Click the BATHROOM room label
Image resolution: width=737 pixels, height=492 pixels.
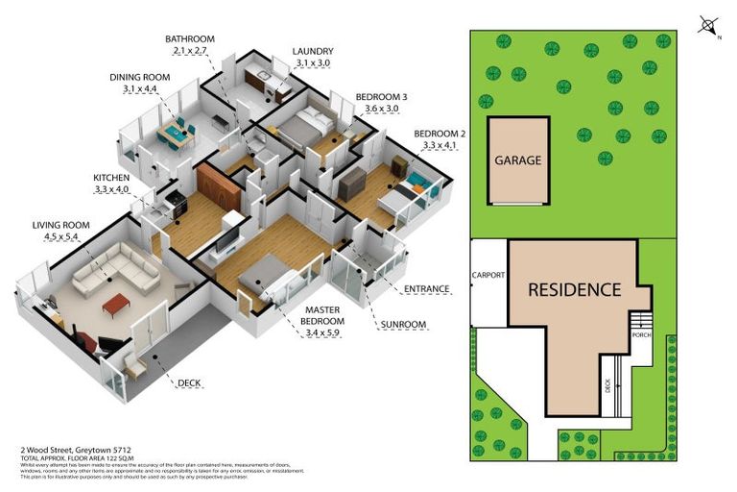click(x=187, y=39)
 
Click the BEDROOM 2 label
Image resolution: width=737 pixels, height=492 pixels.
click(x=440, y=134)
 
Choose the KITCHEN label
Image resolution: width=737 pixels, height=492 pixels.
click(x=111, y=178)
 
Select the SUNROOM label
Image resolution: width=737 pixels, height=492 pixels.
click(x=402, y=324)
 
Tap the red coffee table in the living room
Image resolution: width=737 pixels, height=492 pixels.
click(x=115, y=305)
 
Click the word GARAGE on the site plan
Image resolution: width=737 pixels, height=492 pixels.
click(x=518, y=160)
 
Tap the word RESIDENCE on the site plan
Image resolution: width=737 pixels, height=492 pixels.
click(x=573, y=289)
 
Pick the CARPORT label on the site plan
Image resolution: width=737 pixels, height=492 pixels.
click(x=488, y=275)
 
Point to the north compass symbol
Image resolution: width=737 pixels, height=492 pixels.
click(x=708, y=25)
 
